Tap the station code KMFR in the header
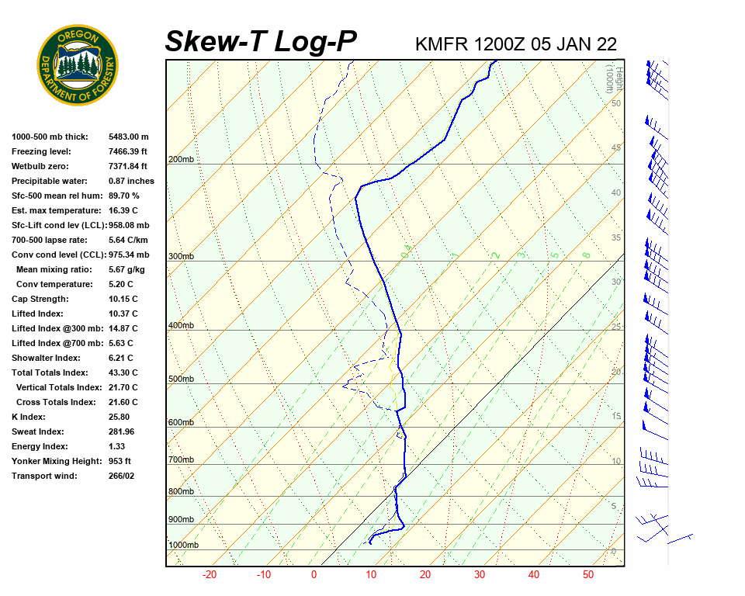pos(442,44)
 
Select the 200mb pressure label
pos(181,160)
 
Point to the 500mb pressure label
pos(181,379)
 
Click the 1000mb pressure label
pos(184,546)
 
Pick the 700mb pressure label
pos(181,460)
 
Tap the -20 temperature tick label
pos(209,575)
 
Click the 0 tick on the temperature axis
pos(314,575)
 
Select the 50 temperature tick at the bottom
pos(588,575)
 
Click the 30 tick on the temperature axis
pos(479,575)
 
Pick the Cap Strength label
pos(40,299)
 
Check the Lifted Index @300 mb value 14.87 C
pos(123,328)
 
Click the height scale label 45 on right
pos(616,148)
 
